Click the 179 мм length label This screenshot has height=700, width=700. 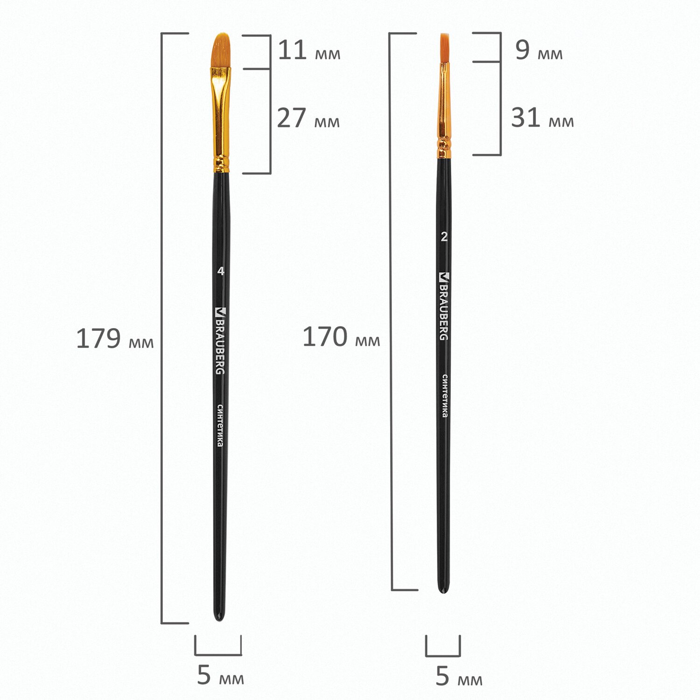tap(115, 339)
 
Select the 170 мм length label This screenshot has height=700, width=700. tap(342, 337)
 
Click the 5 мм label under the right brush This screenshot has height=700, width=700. tap(459, 677)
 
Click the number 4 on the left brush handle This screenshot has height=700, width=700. tap(221, 271)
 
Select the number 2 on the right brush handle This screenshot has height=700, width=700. tap(444, 237)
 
